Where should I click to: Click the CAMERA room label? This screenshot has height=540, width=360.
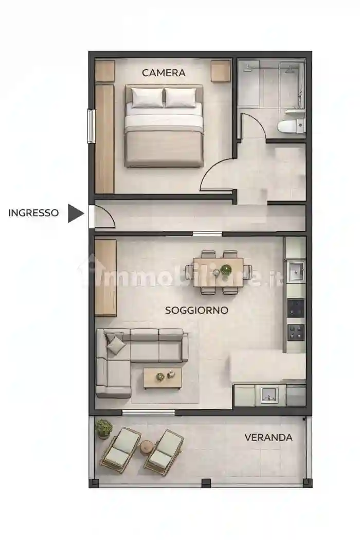pos(164,73)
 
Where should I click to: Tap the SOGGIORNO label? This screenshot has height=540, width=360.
pos(196,310)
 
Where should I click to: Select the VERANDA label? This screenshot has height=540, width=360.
pos(268,438)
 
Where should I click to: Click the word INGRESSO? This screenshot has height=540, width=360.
pos(33,212)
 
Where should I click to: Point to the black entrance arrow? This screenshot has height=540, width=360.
pos(75,213)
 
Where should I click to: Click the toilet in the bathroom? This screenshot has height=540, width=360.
pos(291,124)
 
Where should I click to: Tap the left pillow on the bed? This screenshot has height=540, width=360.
pos(147,97)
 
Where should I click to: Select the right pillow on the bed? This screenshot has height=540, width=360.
pos(180,97)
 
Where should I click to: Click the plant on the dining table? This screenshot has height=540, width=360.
pos(226,268)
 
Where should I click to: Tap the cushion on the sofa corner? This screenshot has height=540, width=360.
pos(116,344)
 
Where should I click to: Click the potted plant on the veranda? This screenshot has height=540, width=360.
pos(104,428)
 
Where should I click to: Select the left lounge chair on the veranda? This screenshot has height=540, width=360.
pos(120,449)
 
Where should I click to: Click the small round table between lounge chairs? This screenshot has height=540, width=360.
pos(147,447)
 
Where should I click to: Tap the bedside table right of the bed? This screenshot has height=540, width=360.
pos(221,71)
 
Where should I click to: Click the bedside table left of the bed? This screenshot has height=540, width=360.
pos(104,71)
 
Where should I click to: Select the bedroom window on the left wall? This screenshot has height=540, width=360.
pos(91,126)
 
